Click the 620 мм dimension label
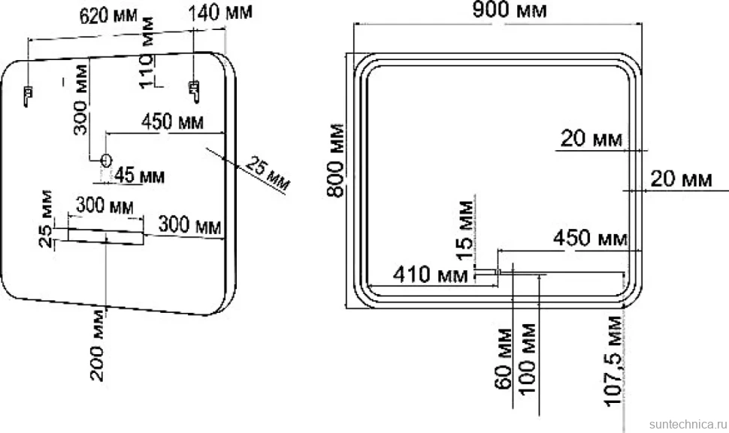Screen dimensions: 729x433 click(x=108, y=15)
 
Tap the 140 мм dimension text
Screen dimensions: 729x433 click(x=220, y=11)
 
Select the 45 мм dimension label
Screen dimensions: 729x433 click(x=140, y=176)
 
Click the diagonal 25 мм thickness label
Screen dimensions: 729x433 click(x=268, y=173)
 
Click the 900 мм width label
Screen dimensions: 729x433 click(x=509, y=9)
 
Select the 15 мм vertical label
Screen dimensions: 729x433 click(x=465, y=230)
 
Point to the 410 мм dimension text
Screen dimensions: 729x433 click(x=431, y=275)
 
